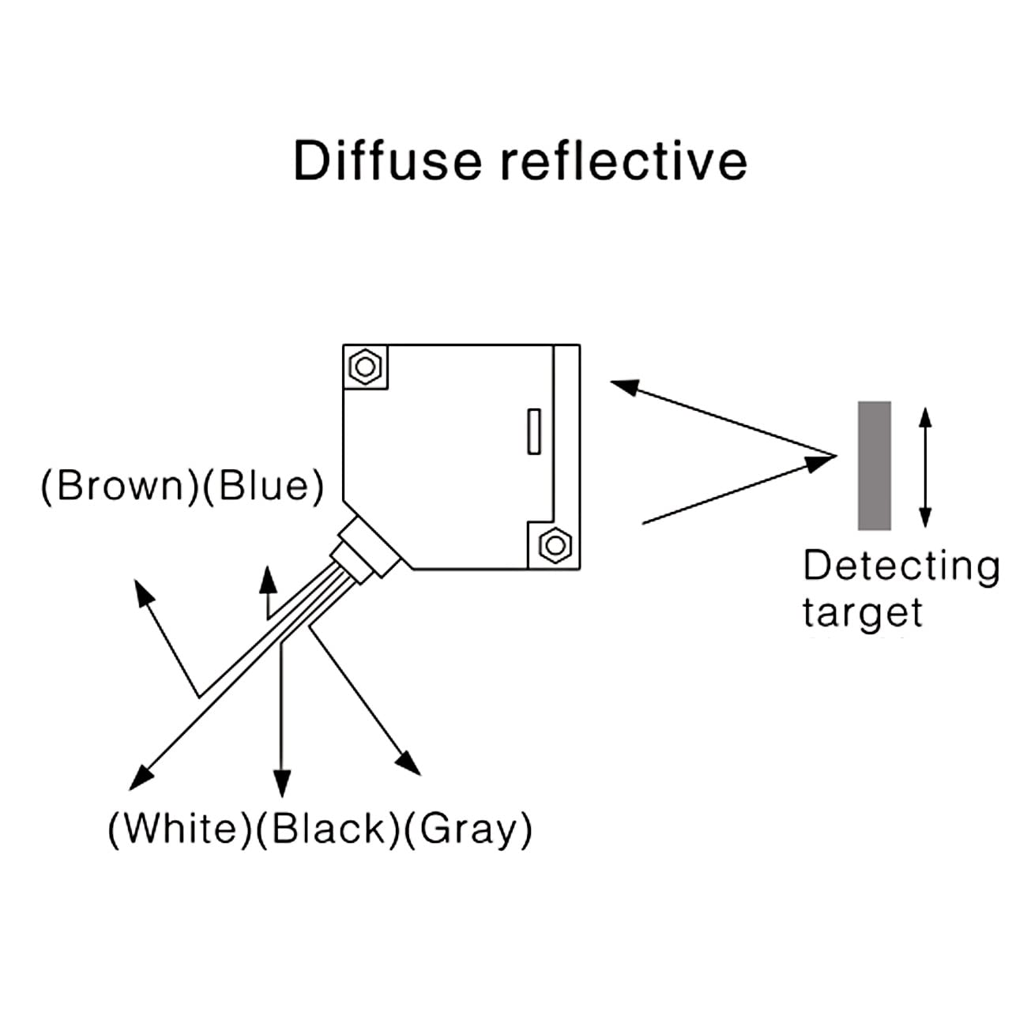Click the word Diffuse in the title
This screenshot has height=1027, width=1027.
click(387, 160)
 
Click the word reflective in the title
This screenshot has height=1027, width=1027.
click(624, 160)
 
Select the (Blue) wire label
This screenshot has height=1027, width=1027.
click(263, 485)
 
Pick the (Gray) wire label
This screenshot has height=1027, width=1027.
click(468, 829)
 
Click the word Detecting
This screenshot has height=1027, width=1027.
click(901, 567)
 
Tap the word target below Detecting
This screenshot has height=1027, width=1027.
click(862, 613)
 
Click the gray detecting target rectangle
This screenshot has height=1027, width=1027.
click(875, 465)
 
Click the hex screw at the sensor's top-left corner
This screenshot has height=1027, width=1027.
click(365, 367)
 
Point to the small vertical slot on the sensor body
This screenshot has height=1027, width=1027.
click(534, 431)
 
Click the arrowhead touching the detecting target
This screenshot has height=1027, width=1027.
click(822, 461)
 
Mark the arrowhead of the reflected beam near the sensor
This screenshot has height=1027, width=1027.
click(624, 386)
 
